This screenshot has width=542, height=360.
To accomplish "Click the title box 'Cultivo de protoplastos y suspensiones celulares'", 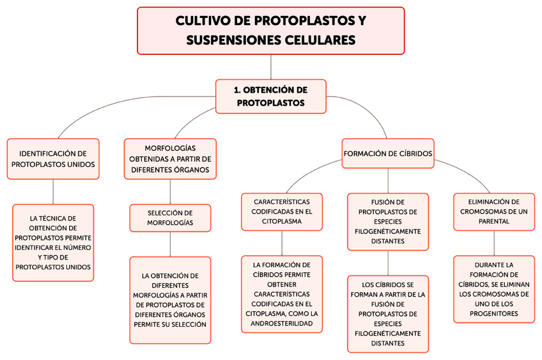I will coord(271,31).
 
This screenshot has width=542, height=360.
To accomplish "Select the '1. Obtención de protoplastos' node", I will coord(271,97).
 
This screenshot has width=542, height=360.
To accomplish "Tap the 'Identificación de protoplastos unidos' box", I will coord(53,159).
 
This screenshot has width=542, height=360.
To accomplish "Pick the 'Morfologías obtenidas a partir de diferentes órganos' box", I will coord(170,159).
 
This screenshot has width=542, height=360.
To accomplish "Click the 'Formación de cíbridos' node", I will coord(388,153).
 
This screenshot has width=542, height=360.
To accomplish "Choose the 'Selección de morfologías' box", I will coord(170,217).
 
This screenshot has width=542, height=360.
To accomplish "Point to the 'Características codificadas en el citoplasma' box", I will coord(282,211).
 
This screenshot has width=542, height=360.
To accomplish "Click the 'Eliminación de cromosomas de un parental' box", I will coord(493,211).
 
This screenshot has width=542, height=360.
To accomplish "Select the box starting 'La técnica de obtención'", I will coord(53,242).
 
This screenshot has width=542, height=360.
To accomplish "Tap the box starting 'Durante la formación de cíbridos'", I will coord(493,289).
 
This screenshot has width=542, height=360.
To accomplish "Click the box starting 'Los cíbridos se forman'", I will coord(388,313).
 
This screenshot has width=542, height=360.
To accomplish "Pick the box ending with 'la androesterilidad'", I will coord(282,294).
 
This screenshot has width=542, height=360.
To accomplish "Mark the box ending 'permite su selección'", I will coord(170,300).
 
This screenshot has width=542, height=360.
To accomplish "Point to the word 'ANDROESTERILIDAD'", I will coord(282,324).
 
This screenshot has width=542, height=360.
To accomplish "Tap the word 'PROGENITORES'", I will coord(493,314).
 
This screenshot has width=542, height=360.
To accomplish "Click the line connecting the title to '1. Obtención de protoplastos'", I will coord(271,67).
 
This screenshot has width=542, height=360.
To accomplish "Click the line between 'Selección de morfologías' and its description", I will coord(170,244).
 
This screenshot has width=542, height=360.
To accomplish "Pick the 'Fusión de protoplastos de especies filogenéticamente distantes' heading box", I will coord(388,221).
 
